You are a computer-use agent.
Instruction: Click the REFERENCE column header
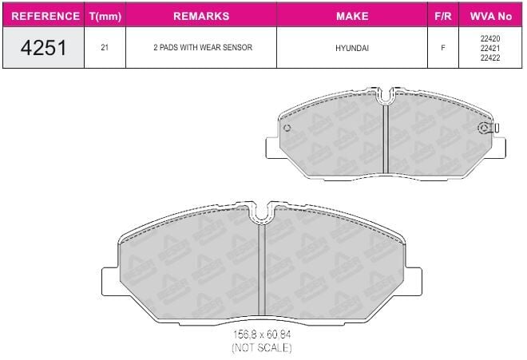[x=46, y=16]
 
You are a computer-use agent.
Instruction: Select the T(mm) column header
[x=105, y=16]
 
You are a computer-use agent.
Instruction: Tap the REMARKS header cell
[x=201, y=16]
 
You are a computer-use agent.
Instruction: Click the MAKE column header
[x=352, y=16]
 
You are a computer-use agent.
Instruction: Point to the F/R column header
[x=443, y=16]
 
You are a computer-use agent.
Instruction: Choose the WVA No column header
[x=491, y=16]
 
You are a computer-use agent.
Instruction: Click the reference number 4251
[x=43, y=48]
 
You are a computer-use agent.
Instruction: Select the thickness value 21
[x=105, y=47]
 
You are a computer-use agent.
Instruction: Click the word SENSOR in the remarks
[x=237, y=47]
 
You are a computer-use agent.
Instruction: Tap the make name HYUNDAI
[x=352, y=48]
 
